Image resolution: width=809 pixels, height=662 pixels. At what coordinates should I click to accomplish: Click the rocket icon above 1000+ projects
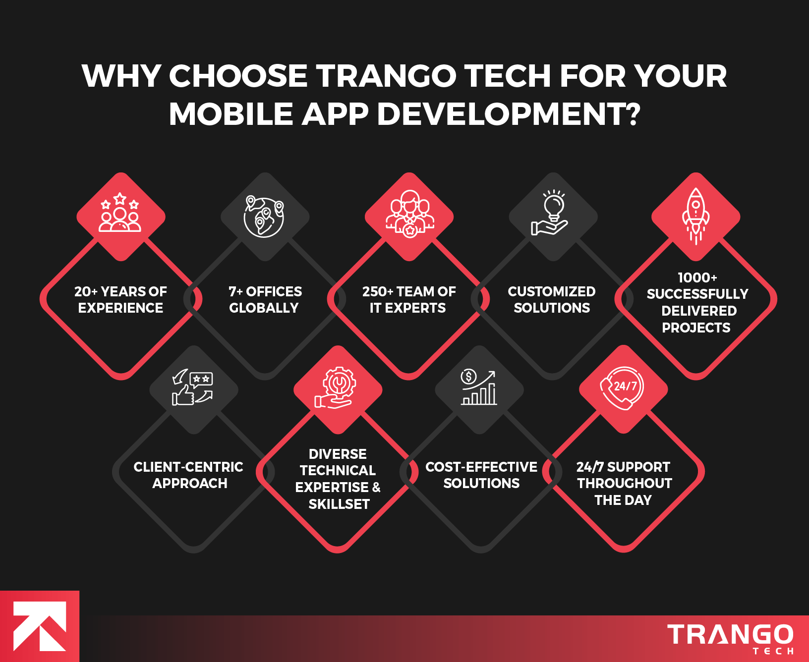coord(695,216)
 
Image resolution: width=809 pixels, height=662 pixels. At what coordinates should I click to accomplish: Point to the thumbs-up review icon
coord(192,388)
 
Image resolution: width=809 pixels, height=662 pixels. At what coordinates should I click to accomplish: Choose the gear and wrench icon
coord(337,388)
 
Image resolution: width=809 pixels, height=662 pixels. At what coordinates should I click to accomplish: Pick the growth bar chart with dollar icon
coord(479,388)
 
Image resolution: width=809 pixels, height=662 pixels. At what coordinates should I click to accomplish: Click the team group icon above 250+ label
coord(409,214)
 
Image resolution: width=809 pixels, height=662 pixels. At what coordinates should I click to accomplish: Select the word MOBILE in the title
coord(231,114)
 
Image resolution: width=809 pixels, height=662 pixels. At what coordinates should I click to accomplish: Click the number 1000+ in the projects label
coord(697,277)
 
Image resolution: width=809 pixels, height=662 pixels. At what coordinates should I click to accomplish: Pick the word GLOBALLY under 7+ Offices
coord(264,308)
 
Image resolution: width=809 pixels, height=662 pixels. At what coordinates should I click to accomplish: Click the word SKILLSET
coord(339,504)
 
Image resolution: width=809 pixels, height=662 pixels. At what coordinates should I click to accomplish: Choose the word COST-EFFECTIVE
coord(481,467)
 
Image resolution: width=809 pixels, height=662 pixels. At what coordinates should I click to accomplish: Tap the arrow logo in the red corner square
coord(39,626)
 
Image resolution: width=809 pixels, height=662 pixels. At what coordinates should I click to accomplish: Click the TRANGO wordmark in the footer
coord(730,635)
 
